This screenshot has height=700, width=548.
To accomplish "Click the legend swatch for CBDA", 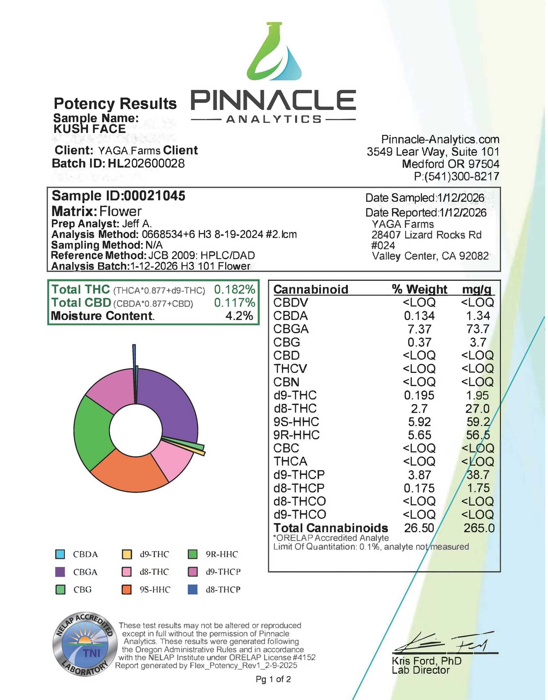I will [60, 554].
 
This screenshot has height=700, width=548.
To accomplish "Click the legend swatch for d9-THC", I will [127, 554].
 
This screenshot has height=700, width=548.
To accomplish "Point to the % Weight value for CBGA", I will [419, 329].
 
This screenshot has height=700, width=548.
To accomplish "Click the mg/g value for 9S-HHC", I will [478, 422].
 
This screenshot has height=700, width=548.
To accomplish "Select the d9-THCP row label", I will [299, 475].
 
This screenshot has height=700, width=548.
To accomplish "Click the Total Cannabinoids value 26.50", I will [419, 528].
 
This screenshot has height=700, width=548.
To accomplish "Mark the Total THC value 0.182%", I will [234, 289].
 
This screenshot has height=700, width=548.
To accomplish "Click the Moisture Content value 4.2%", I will [239, 316].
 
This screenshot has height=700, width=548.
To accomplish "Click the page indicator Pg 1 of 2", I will [273, 679].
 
